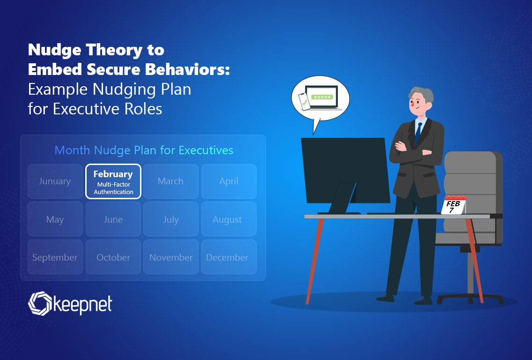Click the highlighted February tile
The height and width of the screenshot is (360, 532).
point(113,181)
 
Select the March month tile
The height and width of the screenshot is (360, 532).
point(170,181)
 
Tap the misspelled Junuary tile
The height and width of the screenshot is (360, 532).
point(55,181)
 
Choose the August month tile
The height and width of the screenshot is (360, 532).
point(229,219)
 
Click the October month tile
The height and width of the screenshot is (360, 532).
point(113,257)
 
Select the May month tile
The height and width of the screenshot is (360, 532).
point(55,219)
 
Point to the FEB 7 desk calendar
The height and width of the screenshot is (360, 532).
point(454,205)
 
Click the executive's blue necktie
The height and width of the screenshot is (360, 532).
point(418,134)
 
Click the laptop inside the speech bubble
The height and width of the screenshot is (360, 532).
point(322,98)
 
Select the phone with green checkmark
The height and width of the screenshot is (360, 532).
point(304,102)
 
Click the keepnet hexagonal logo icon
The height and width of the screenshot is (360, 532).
point(40,303)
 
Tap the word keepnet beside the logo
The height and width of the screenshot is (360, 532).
point(83,305)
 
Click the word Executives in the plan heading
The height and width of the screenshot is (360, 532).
point(206,150)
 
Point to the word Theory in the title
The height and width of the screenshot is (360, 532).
point(114,50)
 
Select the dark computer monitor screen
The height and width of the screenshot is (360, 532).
point(346,170)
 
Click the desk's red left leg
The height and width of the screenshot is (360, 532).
point(315,261)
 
